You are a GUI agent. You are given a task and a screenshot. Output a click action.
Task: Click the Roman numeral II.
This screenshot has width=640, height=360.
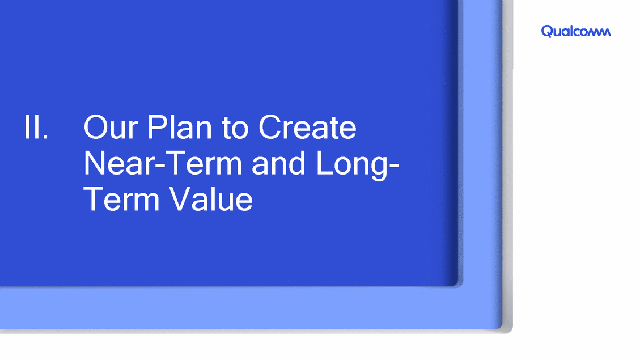tap(36, 128)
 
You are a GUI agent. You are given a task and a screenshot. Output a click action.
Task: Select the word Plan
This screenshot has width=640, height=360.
tap(180, 128)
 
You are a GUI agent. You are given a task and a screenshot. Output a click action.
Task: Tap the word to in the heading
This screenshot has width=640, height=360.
tap(235, 128)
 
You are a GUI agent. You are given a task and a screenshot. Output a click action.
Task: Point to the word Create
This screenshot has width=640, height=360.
tap(307, 128)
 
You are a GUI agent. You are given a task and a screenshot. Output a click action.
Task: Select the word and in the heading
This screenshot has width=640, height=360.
tap(278, 163)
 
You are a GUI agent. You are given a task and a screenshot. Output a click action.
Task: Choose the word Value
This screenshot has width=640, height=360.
tap(211, 198)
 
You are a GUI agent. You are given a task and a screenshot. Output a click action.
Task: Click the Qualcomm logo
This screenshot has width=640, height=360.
tap(576, 31)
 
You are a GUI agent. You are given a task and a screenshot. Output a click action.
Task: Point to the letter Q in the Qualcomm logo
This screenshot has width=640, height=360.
tap(548, 31)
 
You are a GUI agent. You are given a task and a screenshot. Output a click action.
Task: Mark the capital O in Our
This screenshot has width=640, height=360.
tap(97, 128)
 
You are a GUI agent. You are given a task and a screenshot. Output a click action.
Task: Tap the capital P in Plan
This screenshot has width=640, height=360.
tap(157, 128)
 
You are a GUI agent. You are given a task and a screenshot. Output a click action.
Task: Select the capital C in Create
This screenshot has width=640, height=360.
tap(270, 128)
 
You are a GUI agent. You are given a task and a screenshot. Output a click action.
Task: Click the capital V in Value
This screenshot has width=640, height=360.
tap(181, 199)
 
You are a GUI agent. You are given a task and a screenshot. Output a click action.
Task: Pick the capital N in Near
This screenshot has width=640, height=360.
tap(95, 163)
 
